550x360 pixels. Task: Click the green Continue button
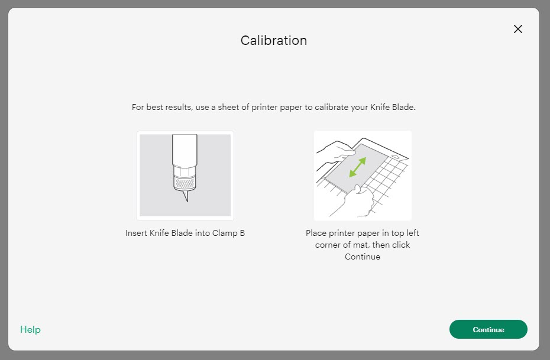click(x=488, y=329)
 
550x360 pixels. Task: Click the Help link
click(x=30, y=329)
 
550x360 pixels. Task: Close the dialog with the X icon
click(x=518, y=29)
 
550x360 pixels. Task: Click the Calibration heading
click(x=273, y=40)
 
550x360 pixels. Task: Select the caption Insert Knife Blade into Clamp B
click(x=185, y=233)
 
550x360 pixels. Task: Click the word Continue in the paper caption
click(x=362, y=257)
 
